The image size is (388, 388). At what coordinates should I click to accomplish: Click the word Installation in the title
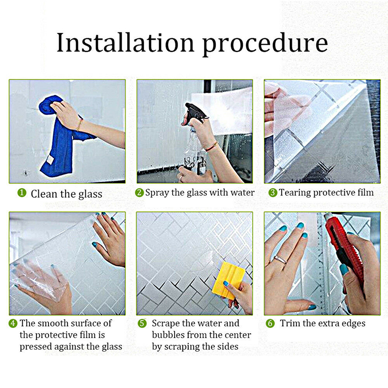125,43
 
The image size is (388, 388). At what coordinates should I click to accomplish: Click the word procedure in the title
265,45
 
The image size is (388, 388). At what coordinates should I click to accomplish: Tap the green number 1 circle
22,193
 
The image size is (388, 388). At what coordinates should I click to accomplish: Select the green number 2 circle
140,193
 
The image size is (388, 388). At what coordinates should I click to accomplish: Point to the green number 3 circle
273,193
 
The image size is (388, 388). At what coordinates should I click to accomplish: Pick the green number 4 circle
13,323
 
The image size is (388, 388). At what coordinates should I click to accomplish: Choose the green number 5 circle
142,323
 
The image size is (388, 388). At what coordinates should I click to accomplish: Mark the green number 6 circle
270,323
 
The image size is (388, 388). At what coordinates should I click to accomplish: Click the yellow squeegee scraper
228,280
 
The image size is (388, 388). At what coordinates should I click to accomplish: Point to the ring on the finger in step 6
280,259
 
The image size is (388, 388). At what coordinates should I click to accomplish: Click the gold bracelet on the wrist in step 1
80,125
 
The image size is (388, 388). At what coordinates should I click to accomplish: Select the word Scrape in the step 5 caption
165,323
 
